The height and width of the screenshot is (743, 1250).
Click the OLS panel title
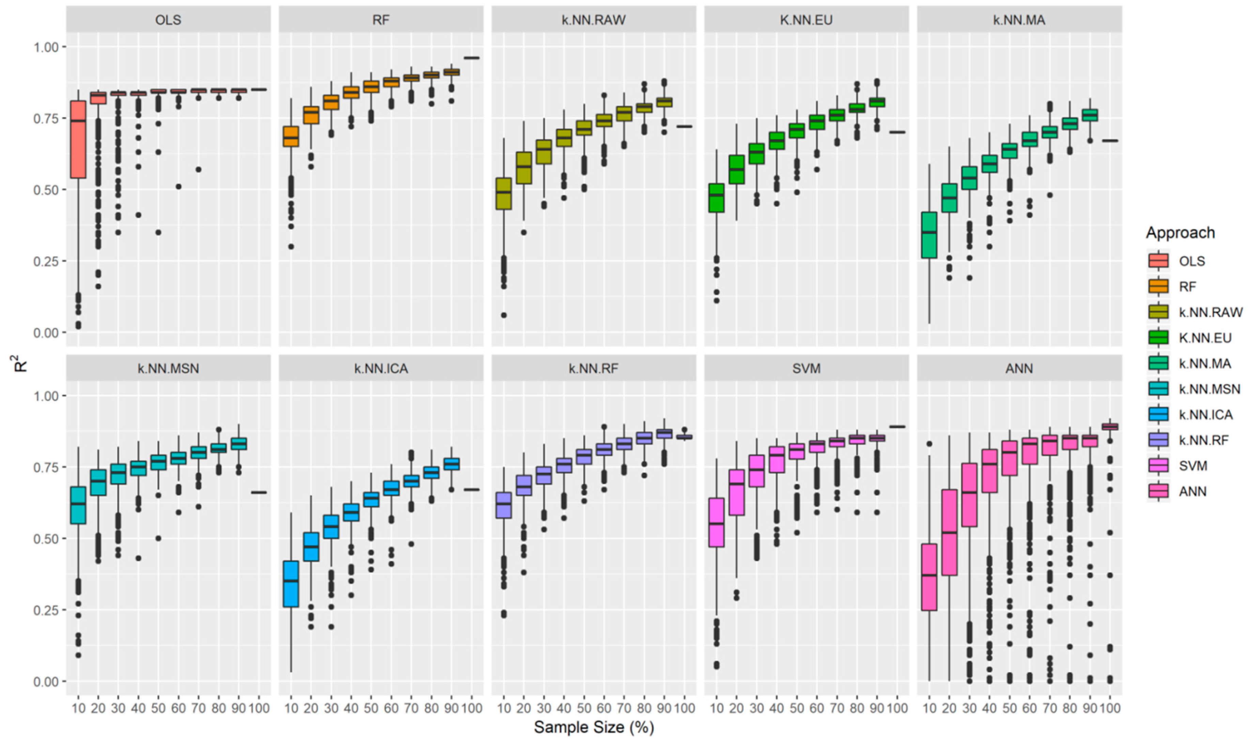[x=168, y=20]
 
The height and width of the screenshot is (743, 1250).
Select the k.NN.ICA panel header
[x=381, y=368]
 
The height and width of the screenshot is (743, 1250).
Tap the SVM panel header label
[x=806, y=368]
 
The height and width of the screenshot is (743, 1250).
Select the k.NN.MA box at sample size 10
[x=929, y=235]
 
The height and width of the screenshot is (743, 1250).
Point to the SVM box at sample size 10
[x=716, y=522]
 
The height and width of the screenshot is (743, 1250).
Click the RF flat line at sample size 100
[x=472, y=58]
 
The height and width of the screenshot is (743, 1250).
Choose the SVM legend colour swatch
[x=1158, y=466]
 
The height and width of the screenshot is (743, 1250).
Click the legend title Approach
[x=1180, y=233]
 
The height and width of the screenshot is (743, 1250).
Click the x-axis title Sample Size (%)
[x=593, y=727]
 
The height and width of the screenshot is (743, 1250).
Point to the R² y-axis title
[x=20, y=363]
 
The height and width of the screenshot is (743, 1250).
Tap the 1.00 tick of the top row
[x=46, y=47]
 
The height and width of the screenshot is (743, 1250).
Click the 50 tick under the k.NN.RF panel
[x=584, y=708]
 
